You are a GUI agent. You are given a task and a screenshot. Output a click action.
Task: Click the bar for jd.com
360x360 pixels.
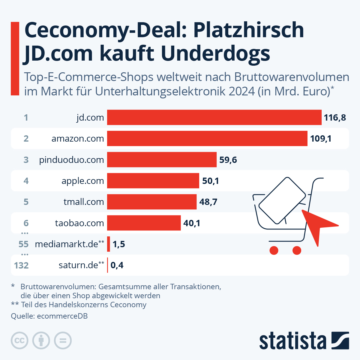[x=214, y=117]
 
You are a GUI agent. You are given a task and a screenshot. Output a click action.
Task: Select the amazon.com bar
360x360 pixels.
[x=207, y=138]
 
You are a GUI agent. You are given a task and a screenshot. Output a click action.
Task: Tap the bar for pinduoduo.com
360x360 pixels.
[x=162, y=160]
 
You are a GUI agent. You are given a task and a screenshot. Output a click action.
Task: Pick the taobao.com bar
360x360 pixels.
[x=144, y=223]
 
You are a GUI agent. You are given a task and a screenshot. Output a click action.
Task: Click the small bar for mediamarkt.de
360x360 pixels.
[x=109, y=244]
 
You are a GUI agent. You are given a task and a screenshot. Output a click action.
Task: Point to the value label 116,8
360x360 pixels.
[x=335, y=117]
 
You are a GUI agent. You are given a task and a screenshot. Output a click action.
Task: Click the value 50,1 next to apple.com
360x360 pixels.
[x=210, y=181]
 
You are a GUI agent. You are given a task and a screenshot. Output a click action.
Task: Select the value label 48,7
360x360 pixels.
[x=208, y=202]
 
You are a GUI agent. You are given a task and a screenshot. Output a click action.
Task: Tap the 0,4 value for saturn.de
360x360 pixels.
[x=117, y=265]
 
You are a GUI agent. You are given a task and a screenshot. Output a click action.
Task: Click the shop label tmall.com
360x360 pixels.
[x=84, y=202]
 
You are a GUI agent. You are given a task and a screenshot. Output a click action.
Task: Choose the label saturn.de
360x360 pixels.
[x=78, y=265]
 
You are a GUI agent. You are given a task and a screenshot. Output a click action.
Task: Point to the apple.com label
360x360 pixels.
[x=82, y=181]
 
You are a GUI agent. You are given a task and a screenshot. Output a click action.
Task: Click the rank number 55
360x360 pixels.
[x=23, y=244]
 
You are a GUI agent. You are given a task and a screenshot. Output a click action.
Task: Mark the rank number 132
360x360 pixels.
[x=21, y=265]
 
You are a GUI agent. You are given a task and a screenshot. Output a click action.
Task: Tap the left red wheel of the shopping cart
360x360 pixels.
[x=274, y=250]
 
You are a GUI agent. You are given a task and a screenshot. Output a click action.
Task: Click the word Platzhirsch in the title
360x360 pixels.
[x=248, y=30]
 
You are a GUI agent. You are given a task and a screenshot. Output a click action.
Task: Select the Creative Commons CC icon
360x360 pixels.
[x=19, y=340]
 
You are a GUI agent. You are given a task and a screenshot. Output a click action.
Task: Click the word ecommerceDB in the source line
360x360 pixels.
[x=62, y=316]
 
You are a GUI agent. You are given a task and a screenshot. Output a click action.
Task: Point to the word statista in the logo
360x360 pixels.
[x=292, y=341]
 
